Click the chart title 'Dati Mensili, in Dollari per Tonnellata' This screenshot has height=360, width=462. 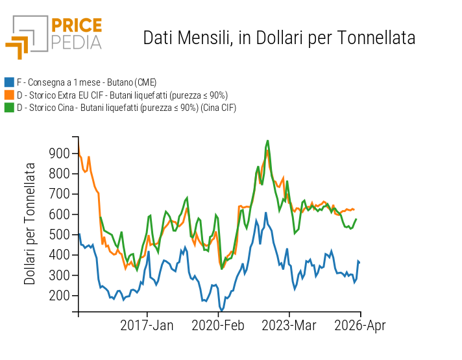(279, 38)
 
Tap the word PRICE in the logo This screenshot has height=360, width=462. (76, 25)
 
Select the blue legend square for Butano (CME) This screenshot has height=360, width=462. (9, 82)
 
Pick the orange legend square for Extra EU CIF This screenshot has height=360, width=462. (9, 95)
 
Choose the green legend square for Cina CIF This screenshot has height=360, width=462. (9, 108)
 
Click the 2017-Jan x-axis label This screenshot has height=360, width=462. (147, 326)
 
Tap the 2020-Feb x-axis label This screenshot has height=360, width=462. (218, 326)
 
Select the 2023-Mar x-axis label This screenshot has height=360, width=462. (289, 326)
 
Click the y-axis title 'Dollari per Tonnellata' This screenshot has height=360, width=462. (30, 224)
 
